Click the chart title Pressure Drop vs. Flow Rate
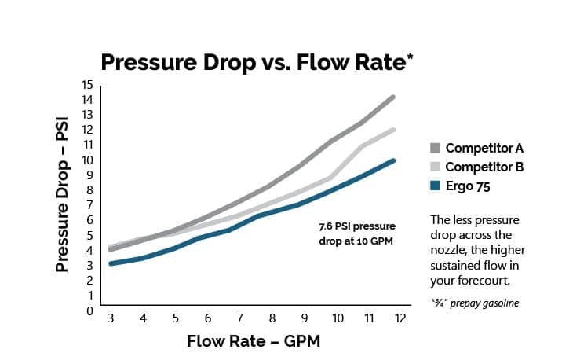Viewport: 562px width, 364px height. (x=257, y=62)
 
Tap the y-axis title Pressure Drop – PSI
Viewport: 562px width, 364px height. (x=62, y=195)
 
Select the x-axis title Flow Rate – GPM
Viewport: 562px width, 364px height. (x=254, y=341)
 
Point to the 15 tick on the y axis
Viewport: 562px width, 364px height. (x=87, y=85)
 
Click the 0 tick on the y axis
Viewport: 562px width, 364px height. (x=89, y=311)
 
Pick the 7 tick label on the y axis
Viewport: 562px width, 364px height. (x=89, y=205)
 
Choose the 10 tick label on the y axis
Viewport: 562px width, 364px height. (x=87, y=160)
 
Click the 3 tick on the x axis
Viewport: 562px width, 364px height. (x=111, y=318)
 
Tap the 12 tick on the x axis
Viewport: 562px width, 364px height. (x=400, y=318)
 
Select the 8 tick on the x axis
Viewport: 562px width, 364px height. (x=272, y=318)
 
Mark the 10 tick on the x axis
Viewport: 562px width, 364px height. (x=338, y=318)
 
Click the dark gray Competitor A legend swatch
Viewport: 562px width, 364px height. (x=435, y=148)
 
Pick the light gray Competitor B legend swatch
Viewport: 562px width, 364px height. (x=435, y=167)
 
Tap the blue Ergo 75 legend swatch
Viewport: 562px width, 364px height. (x=435, y=186)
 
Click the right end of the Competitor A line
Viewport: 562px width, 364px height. (x=392, y=97)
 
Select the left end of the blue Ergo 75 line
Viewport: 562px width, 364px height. (x=111, y=263)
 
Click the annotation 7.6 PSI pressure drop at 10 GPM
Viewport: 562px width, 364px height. (x=357, y=233)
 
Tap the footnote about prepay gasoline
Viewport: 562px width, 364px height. (x=475, y=303)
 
